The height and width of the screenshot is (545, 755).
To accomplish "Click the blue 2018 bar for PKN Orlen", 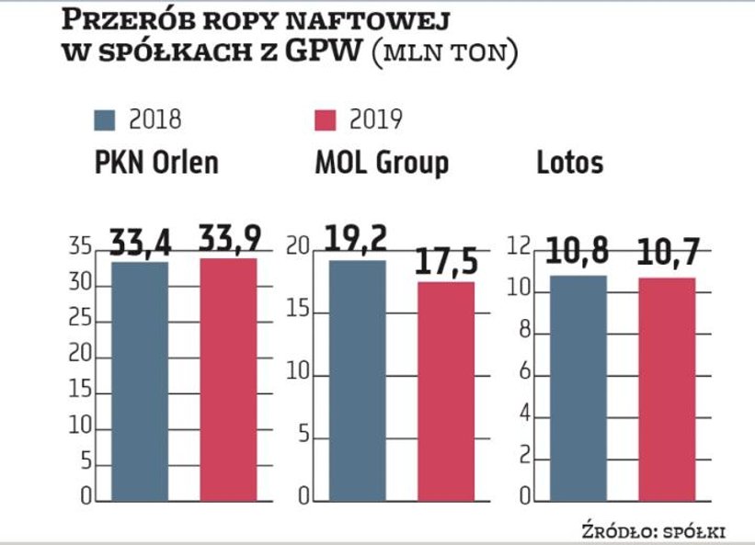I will [x=140, y=381].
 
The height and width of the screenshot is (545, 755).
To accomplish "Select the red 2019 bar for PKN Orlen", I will [x=229, y=380].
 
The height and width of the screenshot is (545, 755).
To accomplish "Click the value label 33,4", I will [x=140, y=243].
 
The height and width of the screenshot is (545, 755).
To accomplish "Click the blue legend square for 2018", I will [x=105, y=119].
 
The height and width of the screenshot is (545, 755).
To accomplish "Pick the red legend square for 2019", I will [x=326, y=119].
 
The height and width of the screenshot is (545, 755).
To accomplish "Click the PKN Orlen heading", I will [x=157, y=163].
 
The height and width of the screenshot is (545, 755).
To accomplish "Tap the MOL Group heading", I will [x=381, y=163].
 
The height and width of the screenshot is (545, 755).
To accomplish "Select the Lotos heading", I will [x=570, y=163].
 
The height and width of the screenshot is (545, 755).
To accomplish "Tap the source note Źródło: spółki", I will [x=653, y=530].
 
